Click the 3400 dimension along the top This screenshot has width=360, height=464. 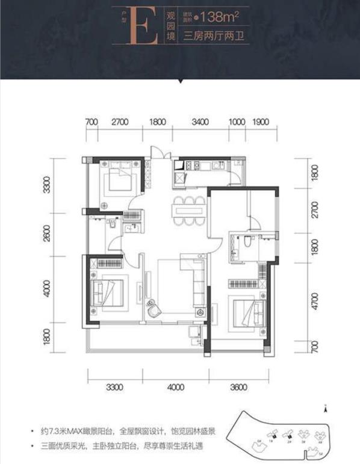(200, 122)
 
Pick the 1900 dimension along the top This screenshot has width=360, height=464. (261, 122)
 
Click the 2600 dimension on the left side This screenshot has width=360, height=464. (47, 232)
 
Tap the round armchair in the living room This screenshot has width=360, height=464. (154, 311)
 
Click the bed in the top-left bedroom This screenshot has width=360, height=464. (119, 179)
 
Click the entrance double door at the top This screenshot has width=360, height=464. (157, 152)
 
